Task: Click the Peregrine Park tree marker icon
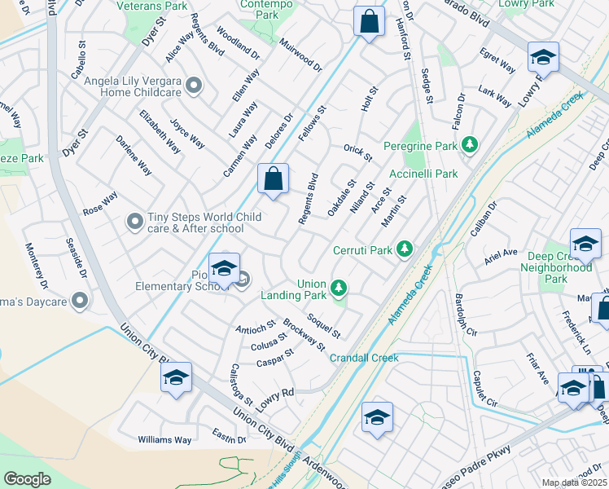tap(469, 145)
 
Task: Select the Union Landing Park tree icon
tap(340, 288)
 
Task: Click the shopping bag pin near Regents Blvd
tap(273, 178)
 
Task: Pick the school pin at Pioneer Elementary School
tap(224, 268)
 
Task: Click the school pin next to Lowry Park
tap(543, 57)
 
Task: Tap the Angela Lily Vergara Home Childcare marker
tap(194, 85)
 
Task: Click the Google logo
tap(27, 479)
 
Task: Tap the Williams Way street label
tap(164, 439)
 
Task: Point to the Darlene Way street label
tap(134, 155)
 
